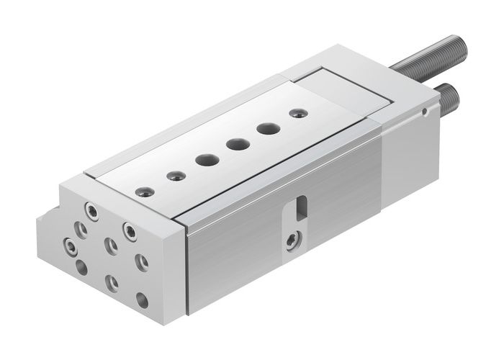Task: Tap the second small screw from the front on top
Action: (x=172, y=175)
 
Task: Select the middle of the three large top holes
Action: (x=235, y=144)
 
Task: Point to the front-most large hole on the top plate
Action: (x=204, y=158)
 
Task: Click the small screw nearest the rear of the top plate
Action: (x=296, y=113)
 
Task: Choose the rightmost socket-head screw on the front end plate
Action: (x=130, y=230)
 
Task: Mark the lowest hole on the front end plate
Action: (x=142, y=300)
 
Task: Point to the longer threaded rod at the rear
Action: (x=432, y=54)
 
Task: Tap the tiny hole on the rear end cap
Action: (x=426, y=112)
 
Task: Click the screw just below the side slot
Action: (x=292, y=240)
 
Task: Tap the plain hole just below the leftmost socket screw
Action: (x=81, y=267)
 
